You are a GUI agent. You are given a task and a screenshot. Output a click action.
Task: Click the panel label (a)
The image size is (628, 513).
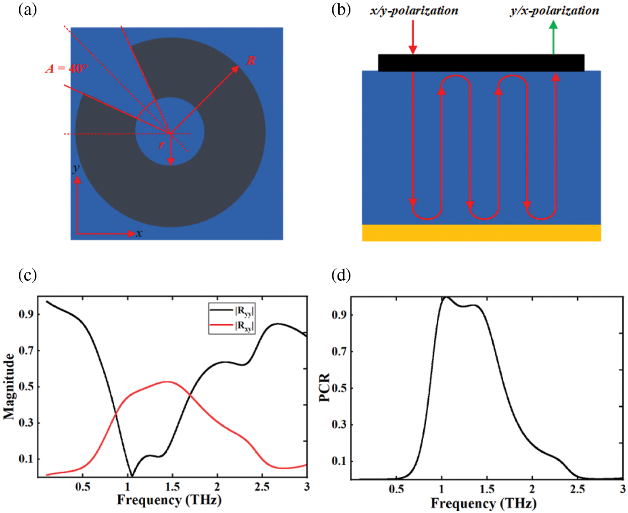(x=28, y=9)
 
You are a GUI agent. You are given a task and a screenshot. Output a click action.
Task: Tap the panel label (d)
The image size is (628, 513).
(x=341, y=275)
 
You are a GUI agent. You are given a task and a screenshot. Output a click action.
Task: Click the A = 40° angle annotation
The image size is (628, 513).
(x=67, y=68)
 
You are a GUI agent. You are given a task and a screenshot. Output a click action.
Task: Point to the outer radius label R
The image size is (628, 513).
(x=251, y=61)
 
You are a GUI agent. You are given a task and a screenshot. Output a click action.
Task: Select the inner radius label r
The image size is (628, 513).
(x=162, y=145)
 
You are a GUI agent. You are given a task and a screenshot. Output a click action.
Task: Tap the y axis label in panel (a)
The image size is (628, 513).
(x=76, y=169)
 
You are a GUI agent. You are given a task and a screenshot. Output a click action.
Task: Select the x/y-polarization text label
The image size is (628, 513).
(x=414, y=10)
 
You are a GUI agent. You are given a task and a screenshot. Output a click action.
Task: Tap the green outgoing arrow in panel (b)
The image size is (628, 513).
(x=553, y=38)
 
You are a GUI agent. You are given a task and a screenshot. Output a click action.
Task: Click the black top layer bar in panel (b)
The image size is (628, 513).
(x=481, y=63)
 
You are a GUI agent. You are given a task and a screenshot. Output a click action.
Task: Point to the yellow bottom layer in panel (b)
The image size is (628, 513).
(x=481, y=233)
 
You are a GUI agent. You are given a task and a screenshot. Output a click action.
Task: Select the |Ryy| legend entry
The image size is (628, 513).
(x=232, y=311)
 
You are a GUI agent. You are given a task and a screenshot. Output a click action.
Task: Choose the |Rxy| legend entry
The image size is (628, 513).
(x=232, y=326)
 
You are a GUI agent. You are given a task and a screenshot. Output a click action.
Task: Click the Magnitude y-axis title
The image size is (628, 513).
(x=9, y=386)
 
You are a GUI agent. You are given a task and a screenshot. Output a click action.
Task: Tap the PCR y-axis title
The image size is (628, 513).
(x=324, y=387)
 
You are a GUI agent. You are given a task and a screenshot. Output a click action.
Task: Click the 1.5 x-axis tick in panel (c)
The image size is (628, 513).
(x=172, y=487)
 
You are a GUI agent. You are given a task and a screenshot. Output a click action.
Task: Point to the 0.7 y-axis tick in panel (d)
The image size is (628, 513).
(x=339, y=351)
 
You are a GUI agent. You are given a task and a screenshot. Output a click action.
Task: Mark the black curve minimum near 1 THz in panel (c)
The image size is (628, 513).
(x=132, y=476)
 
